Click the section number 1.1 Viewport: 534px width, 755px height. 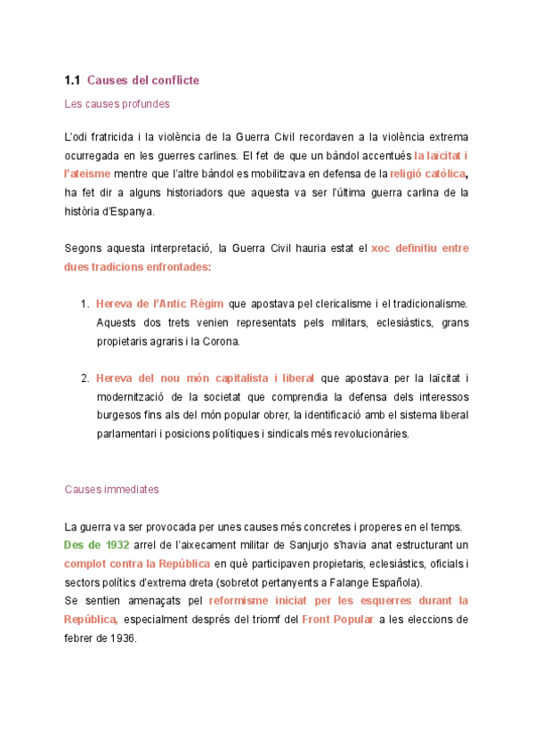tap(72, 81)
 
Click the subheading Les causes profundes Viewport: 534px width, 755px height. tap(117, 104)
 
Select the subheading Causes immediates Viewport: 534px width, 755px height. tap(112, 489)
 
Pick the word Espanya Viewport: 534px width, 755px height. tap(130, 211)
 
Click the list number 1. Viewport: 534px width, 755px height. tap(85, 304)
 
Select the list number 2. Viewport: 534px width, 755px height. tap(85, 378)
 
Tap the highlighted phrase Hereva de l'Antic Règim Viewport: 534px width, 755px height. tap(159, 304)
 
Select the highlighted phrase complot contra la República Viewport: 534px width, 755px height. tap(137, 564)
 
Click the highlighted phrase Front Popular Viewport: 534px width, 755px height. tap(337, 619)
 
